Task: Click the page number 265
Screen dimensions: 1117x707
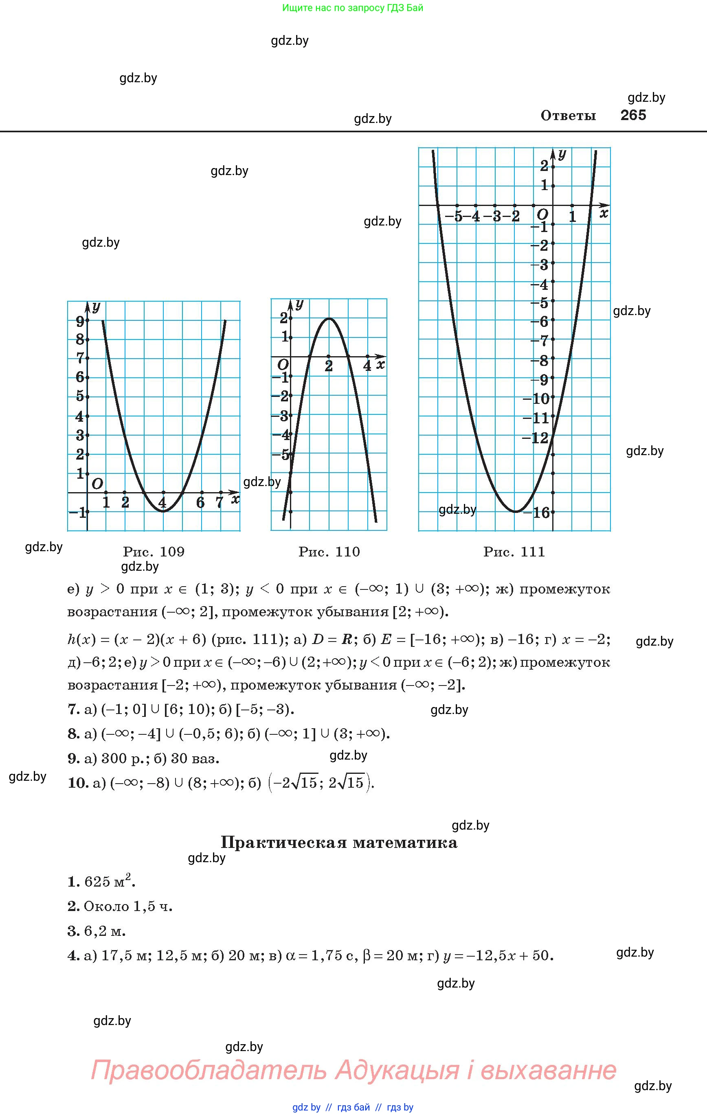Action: pyautogui.click(x=633, y=115)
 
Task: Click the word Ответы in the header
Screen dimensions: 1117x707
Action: pyautogui.click(x=568, y=116)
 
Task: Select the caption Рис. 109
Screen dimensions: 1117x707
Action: pyautogui.click(x=154, y=552)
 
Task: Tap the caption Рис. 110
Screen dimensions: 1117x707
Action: pyautogui.click(x=329, y=552)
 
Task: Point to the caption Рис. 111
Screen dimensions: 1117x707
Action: pyautogui.click(x=514, y=552)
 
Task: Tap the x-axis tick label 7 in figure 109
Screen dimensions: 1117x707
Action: pyautogui.click(x=220, y=502)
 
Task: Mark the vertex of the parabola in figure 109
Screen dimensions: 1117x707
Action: pyautogui.click(x=163, y=511)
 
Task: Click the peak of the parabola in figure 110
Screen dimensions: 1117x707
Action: pyautogui.click(x=329, y=318)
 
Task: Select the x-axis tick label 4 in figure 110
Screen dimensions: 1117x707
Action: pyautogui.click(x=367, y=366)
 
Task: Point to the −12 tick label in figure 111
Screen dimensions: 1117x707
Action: pyautogui.click(x=535, y=438)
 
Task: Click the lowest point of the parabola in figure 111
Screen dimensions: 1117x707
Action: pyautogui.click(x=515, y=512)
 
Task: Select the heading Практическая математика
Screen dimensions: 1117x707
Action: pyautogui.click(x=339, y=842)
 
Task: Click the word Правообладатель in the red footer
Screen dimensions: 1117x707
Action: pyautogui.click(x=209, y=1070)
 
